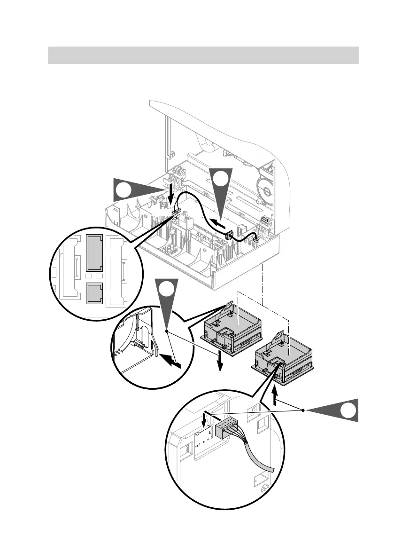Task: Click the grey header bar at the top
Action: [203, 55]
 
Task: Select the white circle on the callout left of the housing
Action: [124, 191]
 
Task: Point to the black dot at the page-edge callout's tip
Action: [303, 410]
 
